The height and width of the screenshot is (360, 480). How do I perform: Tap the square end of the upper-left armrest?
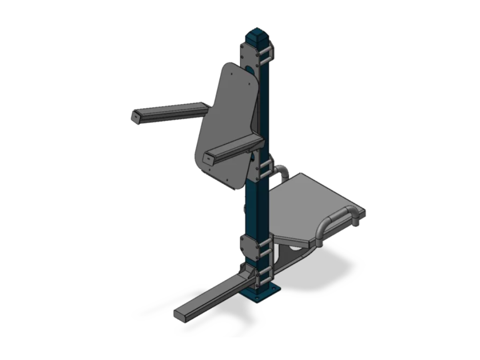pyautogui.click(x=136, y=117)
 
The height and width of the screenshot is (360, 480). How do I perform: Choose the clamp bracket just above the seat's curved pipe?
pyautogui.click(x=264, y=168)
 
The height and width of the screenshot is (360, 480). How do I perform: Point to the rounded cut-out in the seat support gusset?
pyautogui.click(x=295, y=249)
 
